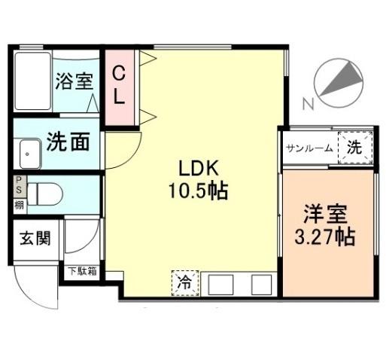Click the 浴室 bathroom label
tap(74, 81)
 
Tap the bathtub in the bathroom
tap(33, 81)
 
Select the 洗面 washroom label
tap(68, 142)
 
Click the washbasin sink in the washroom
tap(30, 154)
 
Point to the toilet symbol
tap(44, 194)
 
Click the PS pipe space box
tap(19, 186)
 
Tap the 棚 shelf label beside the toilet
tap(19, 206)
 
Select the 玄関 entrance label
tap(35, 238)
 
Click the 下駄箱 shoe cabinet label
tap(83, 271)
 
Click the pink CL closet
tap(119, 87)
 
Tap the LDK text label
tap(198, 169)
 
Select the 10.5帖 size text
tap(198, 191)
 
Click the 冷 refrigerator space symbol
tap(185, 283)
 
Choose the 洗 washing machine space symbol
tap(355, 148)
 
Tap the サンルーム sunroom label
tap(309, 148)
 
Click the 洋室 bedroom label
tap(325, 214)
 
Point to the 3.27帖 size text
tap(325, 237)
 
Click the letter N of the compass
tap(308, 104)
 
